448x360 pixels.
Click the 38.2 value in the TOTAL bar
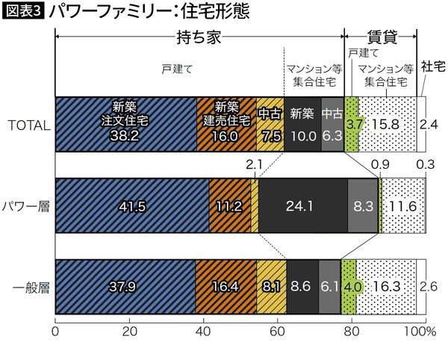[x=125, y=136]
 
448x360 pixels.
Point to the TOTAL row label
[x=27, y=125]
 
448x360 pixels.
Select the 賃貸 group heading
[x=380, y=34]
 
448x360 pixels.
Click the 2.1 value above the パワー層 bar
[x=255, y=164]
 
